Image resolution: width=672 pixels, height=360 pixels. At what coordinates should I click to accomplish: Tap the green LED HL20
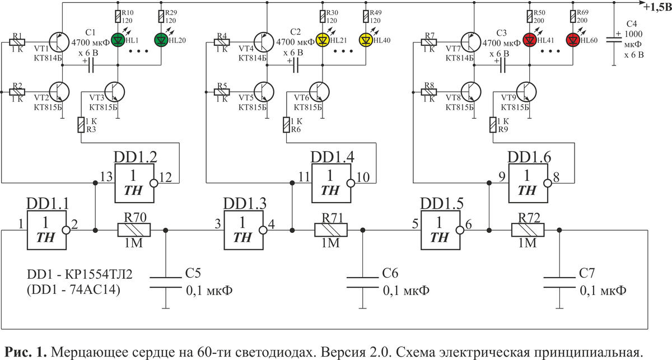160,40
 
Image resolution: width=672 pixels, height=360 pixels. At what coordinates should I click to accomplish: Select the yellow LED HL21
323,40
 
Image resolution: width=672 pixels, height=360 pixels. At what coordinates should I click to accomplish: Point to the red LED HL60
572,40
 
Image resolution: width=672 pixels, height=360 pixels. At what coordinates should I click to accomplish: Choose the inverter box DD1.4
332,183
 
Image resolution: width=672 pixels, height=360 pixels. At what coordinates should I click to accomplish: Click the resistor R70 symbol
133,230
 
